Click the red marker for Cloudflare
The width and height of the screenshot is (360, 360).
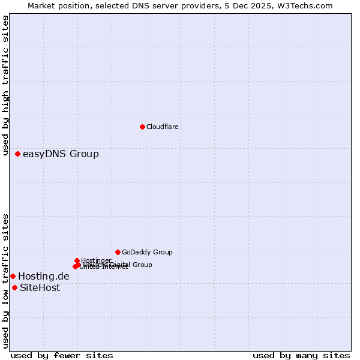142,127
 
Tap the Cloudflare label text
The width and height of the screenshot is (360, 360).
163,127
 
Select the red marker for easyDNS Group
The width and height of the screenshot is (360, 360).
18,154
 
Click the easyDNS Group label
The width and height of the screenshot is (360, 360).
61,154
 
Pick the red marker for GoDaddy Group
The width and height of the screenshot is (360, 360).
118,252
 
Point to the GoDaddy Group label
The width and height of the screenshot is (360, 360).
147,253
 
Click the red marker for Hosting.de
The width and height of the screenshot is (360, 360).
13,276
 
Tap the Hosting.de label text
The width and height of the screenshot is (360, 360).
44,277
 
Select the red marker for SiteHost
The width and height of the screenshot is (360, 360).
14,287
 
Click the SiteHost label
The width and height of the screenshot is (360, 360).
40,288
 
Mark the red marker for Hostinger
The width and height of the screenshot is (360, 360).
77,260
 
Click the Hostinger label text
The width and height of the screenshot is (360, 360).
96,260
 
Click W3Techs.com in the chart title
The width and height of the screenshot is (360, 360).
307,5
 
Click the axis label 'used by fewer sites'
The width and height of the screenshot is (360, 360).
62,356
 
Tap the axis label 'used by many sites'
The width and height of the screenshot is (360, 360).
301,356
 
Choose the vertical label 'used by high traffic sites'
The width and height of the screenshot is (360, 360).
5,86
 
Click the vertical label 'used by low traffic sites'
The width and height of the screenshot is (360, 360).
5,281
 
